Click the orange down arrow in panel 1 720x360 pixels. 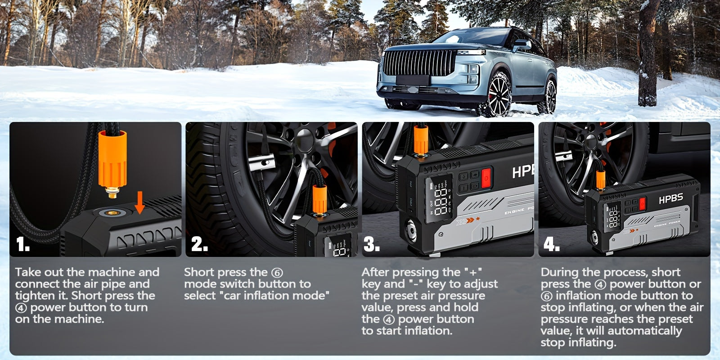(140, 203)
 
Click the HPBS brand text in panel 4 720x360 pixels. (670, 198)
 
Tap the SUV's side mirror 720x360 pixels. (522, 45)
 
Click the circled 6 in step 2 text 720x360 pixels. (277, 273)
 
